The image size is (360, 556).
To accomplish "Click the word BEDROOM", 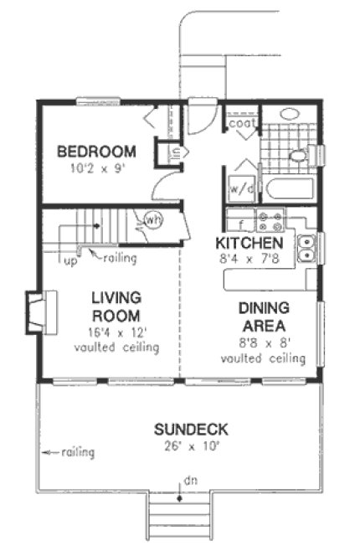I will [95, 152].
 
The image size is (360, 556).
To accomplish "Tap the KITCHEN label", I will [249, 243].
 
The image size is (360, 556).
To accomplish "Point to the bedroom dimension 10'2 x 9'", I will [95, 167].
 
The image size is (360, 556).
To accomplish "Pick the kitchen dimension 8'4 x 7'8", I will [249, 258].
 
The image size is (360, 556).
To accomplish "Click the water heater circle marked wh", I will [153, 220].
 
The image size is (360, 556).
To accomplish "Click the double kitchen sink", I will [307, 246].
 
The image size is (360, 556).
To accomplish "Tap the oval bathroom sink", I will [291, 115].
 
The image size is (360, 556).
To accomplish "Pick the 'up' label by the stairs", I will [71, 259].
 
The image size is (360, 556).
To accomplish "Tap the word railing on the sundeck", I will [76, 453].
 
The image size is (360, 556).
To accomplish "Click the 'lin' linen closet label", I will [163, 153].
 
